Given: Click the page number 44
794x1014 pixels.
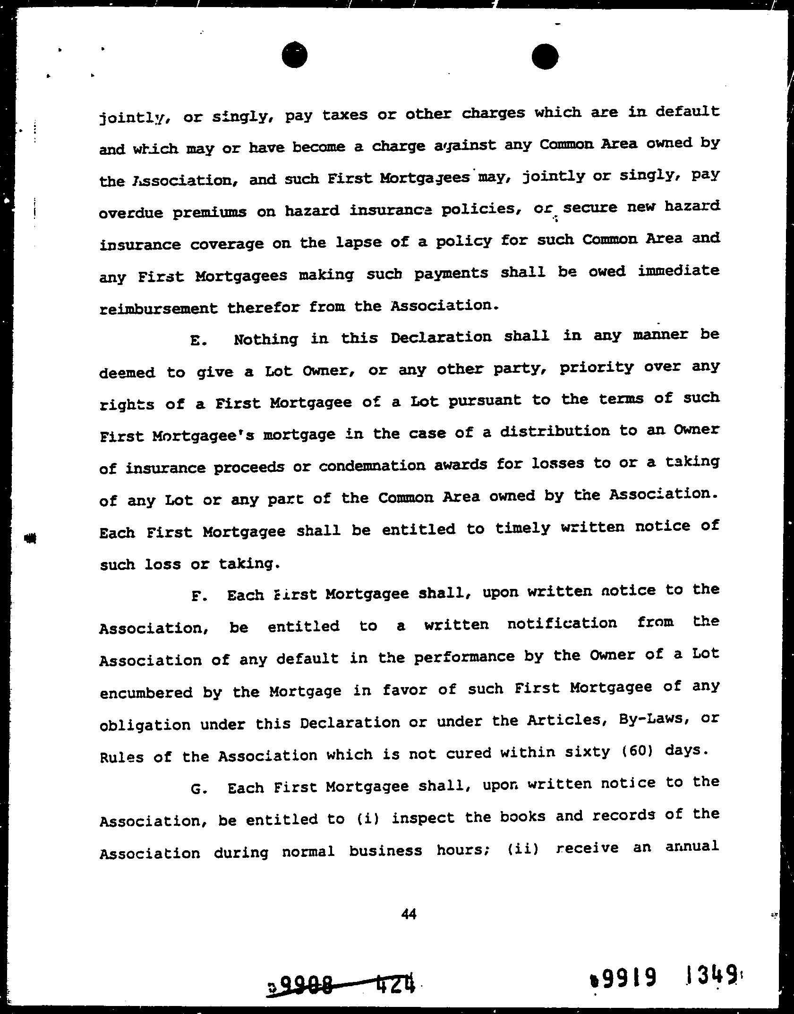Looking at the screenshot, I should click(x=409, y=914).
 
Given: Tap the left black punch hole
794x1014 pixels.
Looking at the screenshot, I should click(x=294, y=55).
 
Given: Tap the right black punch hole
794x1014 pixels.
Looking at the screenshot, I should click(x=545, y=57).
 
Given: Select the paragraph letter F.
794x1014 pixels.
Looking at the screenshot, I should click(x=198, y=596).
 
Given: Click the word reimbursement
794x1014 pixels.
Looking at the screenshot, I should click(x=159, y=309).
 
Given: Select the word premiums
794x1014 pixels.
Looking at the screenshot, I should click(x=209, y=212).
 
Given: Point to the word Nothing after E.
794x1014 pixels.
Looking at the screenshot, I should click(x=266, y=339).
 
